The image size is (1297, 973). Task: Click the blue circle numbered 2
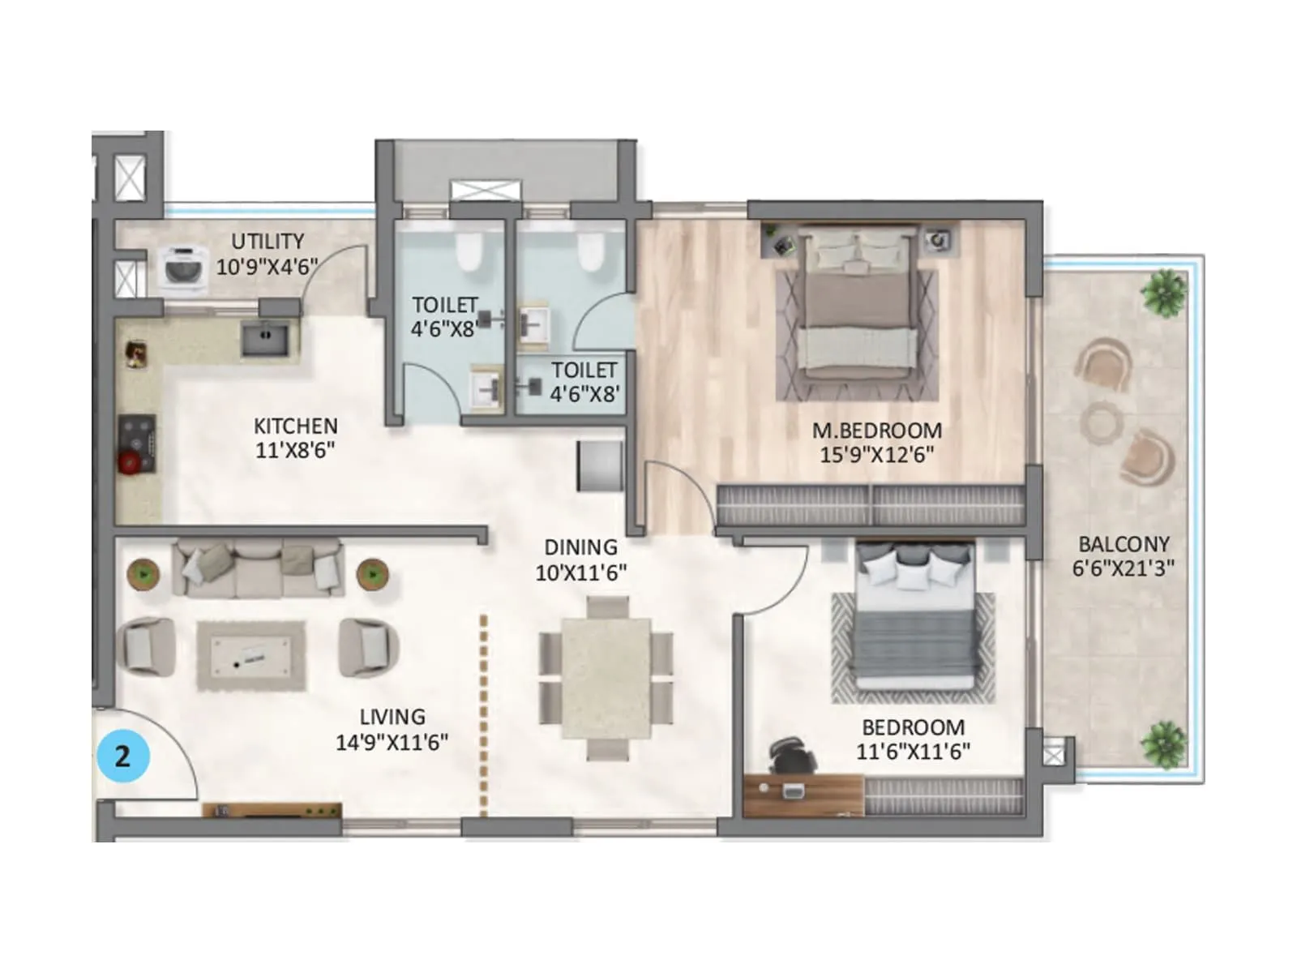[x=123, y=756]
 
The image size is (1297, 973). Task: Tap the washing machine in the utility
[x=182, y=267]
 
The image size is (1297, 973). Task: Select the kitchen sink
[x=264, y=339]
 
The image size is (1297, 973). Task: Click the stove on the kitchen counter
[x=137, y=444]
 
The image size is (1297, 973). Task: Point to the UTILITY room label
[x=268, y=242]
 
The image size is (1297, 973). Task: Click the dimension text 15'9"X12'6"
[x=876, y=455]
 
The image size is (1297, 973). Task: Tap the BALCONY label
[x=1124, y=544]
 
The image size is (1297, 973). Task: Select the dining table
[x=606, y=679]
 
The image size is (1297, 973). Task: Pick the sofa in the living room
[x=258, y=568]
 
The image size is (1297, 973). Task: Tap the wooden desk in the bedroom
[x=803, y=795]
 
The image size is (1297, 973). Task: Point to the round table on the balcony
[x=1101, y=422]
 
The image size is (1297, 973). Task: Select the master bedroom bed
[x=858, y=312]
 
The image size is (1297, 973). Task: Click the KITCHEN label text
[x=295, y=426]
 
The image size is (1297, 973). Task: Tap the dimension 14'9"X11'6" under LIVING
[x=392, y=742]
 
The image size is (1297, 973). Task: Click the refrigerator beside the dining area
[x=600, y=466]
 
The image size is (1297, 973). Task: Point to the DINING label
[x=580, y=547]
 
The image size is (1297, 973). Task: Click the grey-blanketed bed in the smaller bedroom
[x=913, y=624]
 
